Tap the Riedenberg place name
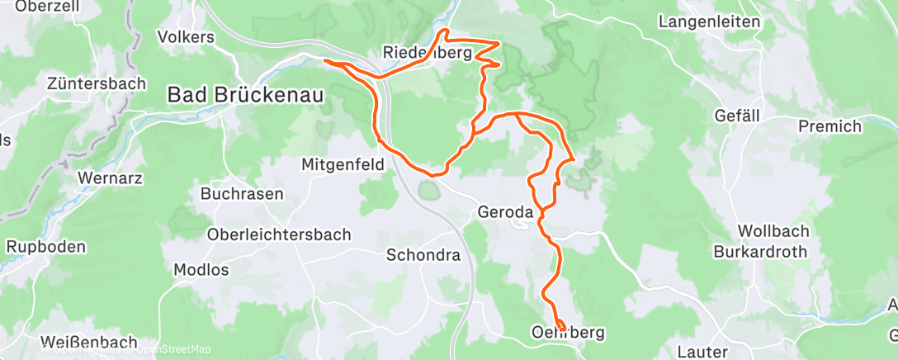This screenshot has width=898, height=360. click(427, 53)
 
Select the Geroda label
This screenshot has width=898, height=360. click(506, 212)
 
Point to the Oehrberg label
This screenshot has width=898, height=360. click(569, 333)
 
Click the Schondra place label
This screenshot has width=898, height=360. click(423, 255)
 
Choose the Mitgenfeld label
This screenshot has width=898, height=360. click(343, 164)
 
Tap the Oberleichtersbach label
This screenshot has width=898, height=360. click(278, 234)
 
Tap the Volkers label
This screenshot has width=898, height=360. click(186, 37)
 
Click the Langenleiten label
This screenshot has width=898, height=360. click(709, 21)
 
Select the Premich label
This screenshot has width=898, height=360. click(829, 126)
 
